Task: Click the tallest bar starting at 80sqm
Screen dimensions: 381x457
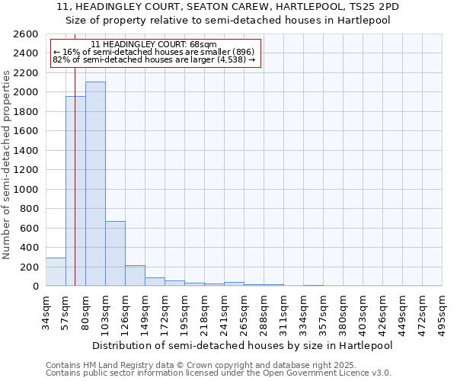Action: tap(95, 184)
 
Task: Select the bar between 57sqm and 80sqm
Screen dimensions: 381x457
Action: tap(75, 190)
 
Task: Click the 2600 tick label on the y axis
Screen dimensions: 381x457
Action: tap(26, 34)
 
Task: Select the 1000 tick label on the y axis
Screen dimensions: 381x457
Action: tap(26, 189)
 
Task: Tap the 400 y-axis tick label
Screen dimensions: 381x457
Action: tap(29, 248)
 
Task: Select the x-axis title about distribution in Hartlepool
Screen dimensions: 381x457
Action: tap(243, 345)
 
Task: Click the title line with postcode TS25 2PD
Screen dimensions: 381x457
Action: tap(228, 7)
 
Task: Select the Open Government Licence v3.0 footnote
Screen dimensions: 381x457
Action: tap(219, 373)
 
